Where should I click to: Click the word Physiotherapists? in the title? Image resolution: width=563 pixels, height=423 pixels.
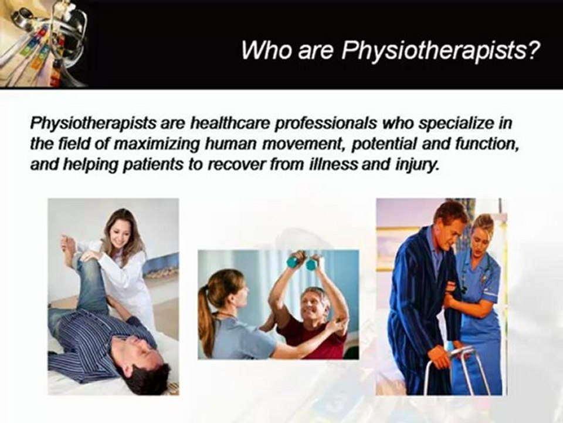click(440, 52)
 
